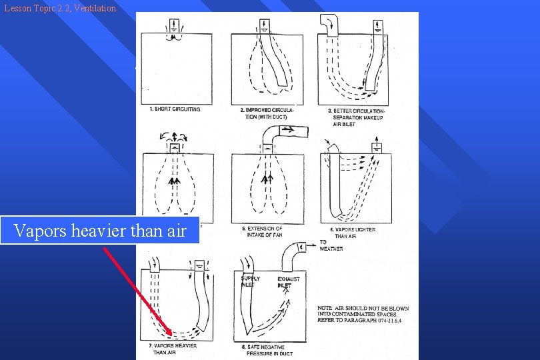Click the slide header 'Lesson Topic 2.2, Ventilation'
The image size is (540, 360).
coord(59,8)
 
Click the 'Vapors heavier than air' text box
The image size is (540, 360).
coord(100,231)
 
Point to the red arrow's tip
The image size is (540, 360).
coord(172,335)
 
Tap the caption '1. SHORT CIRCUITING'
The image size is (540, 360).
coord(175,109)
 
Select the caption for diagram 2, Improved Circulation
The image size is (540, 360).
coord(267,113)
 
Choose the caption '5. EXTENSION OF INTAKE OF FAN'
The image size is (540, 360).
coord(264,232)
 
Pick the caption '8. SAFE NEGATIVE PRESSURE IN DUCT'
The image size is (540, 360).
coord(265,350)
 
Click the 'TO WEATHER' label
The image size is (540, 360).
coord(331,245)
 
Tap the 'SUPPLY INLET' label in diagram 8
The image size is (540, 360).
coord(250,281)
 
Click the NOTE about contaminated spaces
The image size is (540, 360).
coord(363,314)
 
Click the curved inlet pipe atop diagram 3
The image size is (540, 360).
coord(329,24)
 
